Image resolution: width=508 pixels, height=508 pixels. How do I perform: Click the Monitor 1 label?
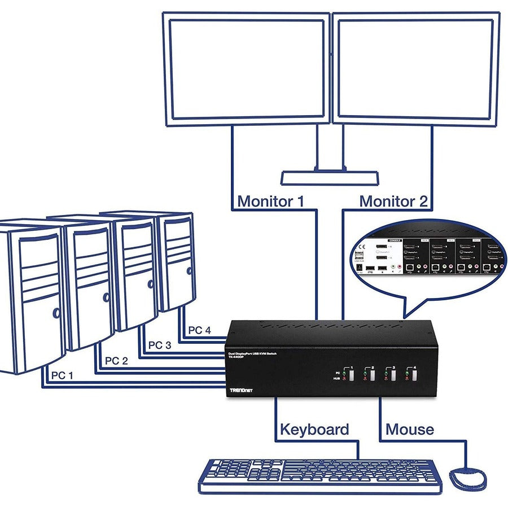click(271, 201)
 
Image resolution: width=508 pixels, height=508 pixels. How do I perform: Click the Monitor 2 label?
click(393, 201)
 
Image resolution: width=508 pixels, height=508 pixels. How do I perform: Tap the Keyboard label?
click(314, 429)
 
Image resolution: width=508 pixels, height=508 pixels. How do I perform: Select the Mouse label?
click(410, 429)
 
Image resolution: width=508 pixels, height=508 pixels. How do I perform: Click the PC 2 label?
click(116, 361)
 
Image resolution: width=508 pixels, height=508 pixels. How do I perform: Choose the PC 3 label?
click(159, 345)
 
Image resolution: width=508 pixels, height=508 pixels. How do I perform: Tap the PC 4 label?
click(199, 330)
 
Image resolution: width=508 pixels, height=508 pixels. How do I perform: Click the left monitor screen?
click(247, 69)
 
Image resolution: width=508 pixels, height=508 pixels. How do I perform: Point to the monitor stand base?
click(330, 178)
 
